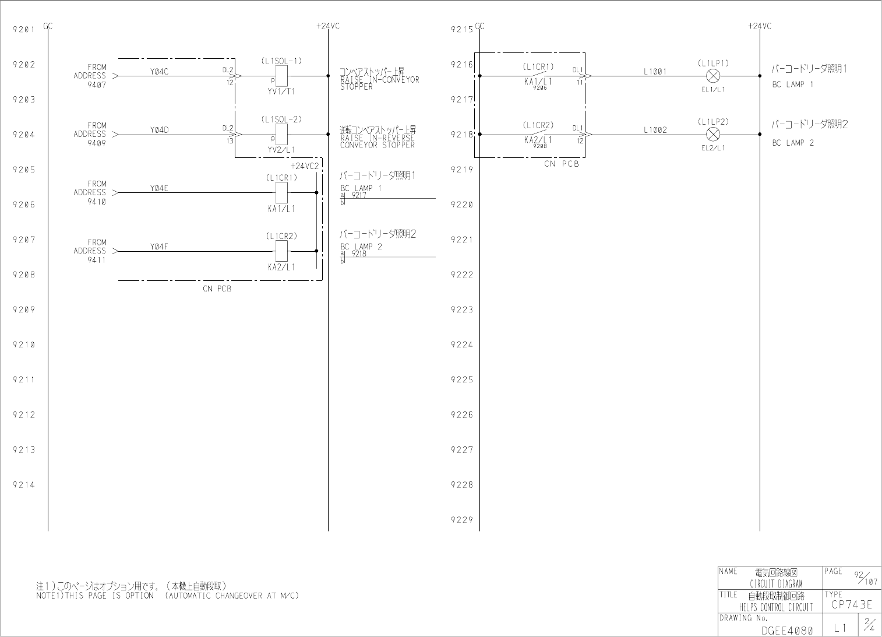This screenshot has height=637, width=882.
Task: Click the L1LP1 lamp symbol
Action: click(712, 76)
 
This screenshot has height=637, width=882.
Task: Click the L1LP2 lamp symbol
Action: click(712, 135)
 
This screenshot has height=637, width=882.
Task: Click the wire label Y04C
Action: click(159, 72)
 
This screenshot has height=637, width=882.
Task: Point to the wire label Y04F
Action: click(159, 247)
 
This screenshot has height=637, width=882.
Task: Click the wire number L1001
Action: click(655, 72)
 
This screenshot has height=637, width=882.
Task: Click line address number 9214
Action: click(24, 485)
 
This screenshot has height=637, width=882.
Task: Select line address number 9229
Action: click(462, 520)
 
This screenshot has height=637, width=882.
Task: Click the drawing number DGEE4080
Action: click(786, 630)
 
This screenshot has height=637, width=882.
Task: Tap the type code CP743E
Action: click(851, 605)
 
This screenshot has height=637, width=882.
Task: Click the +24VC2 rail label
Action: click(305, 166)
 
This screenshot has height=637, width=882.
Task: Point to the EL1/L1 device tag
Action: click(713, 89)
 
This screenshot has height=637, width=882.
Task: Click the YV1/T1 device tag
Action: click(281, 91)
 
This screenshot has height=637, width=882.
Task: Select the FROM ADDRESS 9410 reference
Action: click(90, 192)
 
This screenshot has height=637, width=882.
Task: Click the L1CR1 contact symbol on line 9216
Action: click(538, 75)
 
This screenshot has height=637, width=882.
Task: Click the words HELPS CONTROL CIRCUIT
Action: click(776, 607)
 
